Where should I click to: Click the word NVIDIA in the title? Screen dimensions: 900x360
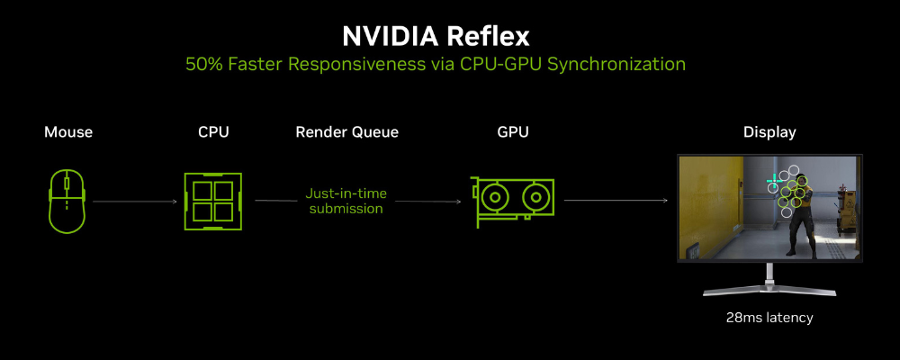click(390, 37)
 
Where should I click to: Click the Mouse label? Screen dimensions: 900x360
click(68, 132)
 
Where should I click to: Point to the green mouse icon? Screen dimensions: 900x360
click(67, 201)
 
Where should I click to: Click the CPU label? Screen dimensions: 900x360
click(213, 132)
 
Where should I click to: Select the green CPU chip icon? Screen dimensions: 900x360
click(213, 201)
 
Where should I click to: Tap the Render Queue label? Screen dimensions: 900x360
click(346, 132)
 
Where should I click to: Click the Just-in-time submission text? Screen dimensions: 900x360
click(346, 201)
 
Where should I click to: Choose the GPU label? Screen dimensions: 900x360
click(513, 132)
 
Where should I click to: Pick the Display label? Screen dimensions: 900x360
click(769, 132)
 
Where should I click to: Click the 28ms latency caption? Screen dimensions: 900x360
click(769, 317)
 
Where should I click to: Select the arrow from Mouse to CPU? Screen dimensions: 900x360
click(134, 202)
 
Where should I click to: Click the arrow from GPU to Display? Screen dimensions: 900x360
click(616, 201)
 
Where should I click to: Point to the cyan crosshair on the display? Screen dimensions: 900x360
click(774, 181)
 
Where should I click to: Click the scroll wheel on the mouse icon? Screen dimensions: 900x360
click(67, 184)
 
